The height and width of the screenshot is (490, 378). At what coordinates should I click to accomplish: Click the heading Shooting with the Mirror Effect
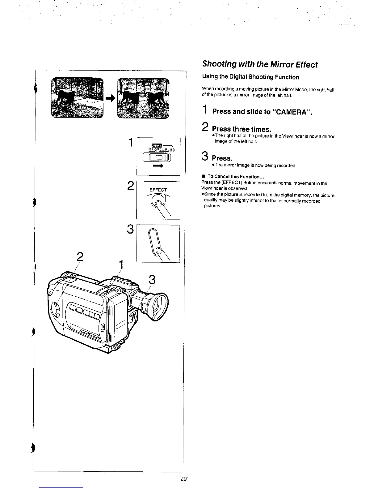(259, 65)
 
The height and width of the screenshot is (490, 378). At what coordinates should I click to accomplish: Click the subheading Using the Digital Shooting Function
(250, 77)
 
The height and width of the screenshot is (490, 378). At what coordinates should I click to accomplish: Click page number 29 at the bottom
(183, 479)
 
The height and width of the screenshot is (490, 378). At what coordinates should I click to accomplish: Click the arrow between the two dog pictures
(110, 98)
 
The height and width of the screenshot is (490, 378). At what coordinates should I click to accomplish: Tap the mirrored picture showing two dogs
(144, 97)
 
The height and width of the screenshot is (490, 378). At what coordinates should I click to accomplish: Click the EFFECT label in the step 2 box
(158, 190)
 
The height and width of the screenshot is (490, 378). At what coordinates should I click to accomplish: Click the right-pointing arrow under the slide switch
(158, 166)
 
